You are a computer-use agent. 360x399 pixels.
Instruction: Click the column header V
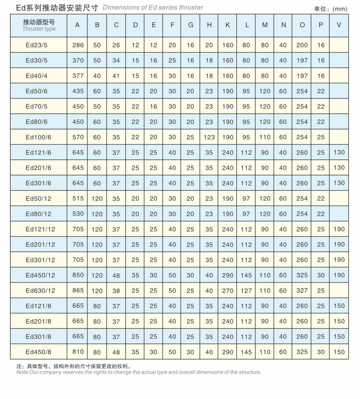tap(339, 25)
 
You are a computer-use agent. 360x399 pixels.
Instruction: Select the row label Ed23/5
tap(36, 45)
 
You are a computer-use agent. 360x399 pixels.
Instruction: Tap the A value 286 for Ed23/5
tap(78, 45)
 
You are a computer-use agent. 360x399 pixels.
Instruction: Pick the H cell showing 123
tap(209, 137)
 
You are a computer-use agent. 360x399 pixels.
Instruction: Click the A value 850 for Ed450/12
tap(78, 275)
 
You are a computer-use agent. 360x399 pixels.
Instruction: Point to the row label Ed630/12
tap(40, 291)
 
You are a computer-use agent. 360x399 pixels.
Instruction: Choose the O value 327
tap(302, 291)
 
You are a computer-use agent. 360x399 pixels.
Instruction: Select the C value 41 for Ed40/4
tap(116, 76)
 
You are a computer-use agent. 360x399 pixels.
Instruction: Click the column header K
tap(228, 25)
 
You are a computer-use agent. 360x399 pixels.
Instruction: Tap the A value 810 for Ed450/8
tap(78, 352)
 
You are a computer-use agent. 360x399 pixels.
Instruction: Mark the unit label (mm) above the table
tap(340, 9)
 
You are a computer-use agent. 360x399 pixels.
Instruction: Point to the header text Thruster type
tap(39, 29)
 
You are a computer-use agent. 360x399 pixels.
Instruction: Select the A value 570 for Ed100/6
tap(78, 137)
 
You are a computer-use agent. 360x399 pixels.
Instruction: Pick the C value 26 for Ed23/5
tap(116, 45)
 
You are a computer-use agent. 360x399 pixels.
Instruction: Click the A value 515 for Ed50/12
tap(78, 198)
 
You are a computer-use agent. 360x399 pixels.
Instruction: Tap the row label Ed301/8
tap(38, 336)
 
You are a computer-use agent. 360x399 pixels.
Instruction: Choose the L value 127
tap(246, 291)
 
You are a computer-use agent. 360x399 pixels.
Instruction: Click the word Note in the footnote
tap(22, 372)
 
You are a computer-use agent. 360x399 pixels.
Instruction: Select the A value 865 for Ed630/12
tap(78, 291)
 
